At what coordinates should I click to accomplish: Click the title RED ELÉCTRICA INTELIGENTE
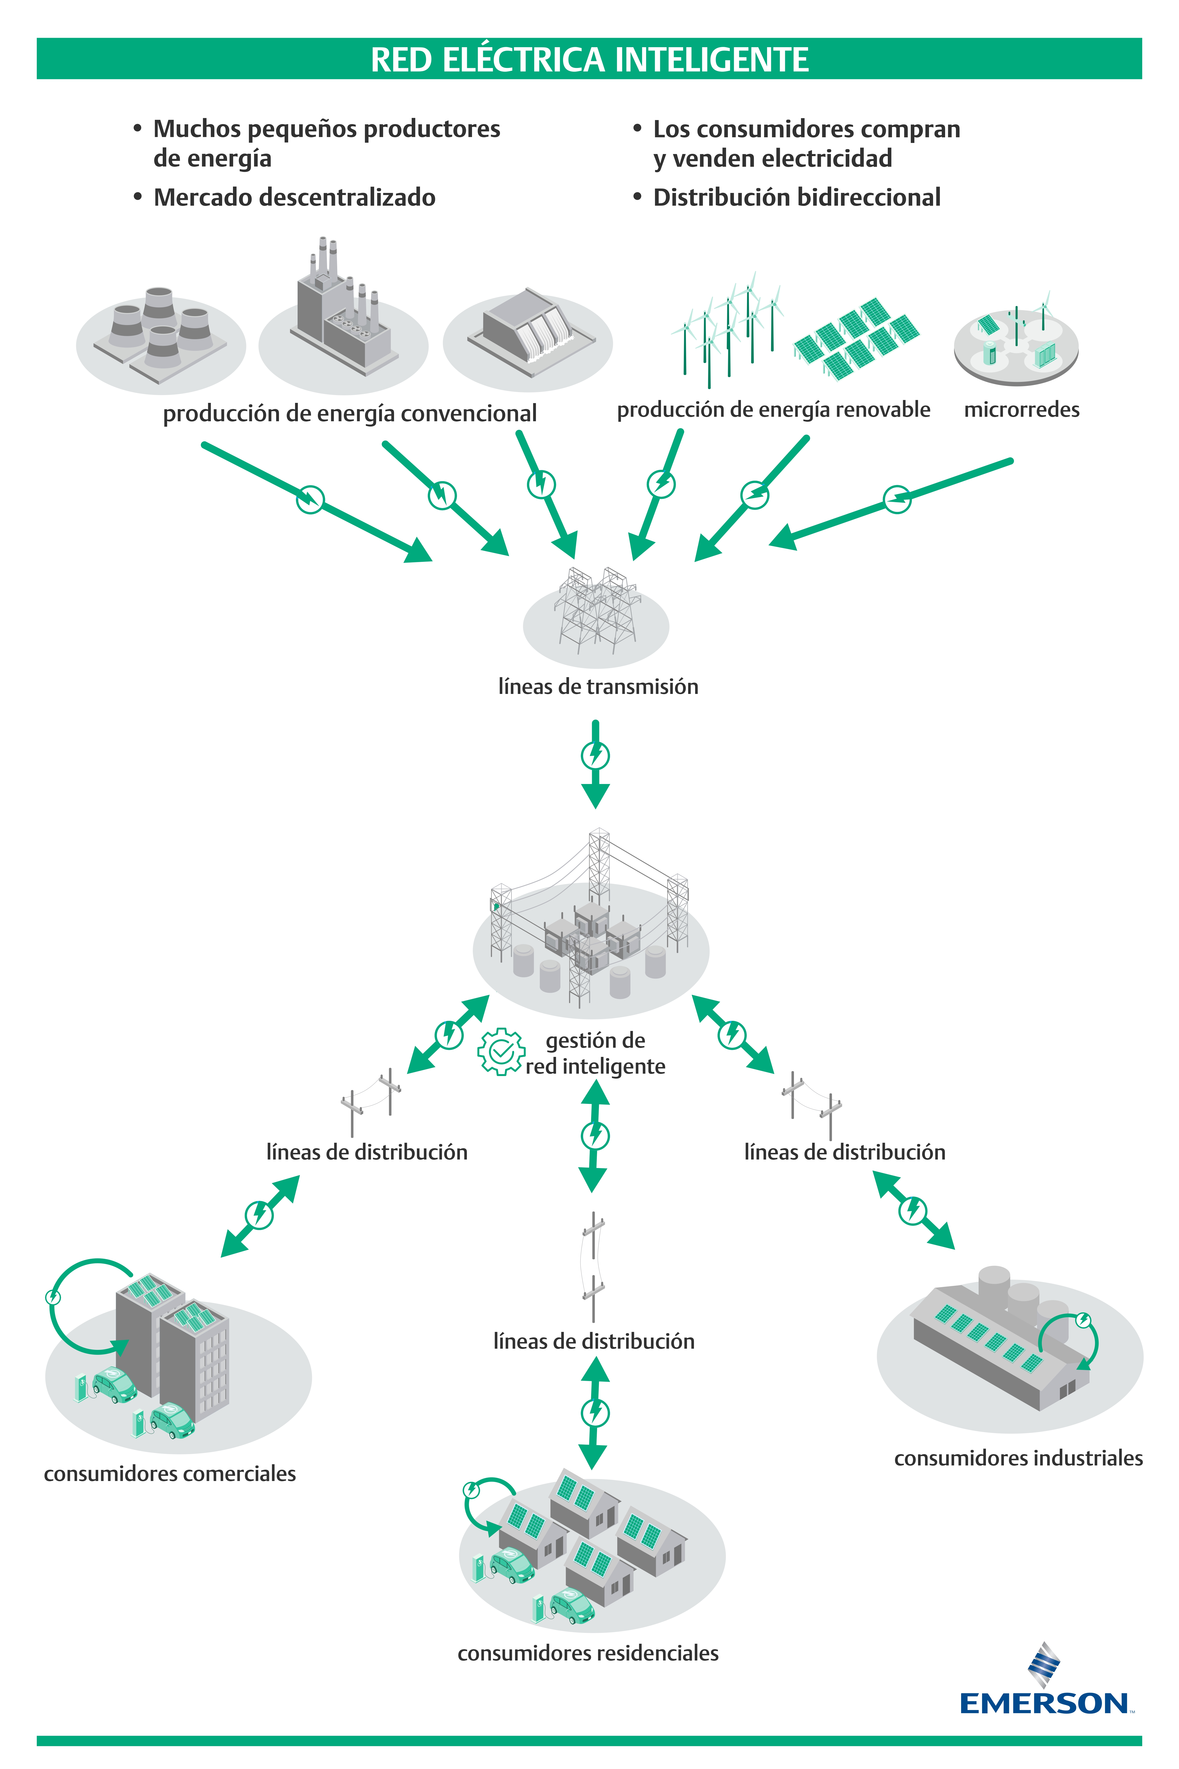[589, 59]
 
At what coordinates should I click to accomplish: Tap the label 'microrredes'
[1021, 410]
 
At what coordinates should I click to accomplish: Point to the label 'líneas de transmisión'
[598, 687]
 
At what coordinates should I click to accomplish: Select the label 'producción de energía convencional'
[350, 414]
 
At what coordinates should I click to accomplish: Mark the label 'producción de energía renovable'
[773, 410]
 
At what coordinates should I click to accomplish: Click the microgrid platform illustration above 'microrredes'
[1016, 342]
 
